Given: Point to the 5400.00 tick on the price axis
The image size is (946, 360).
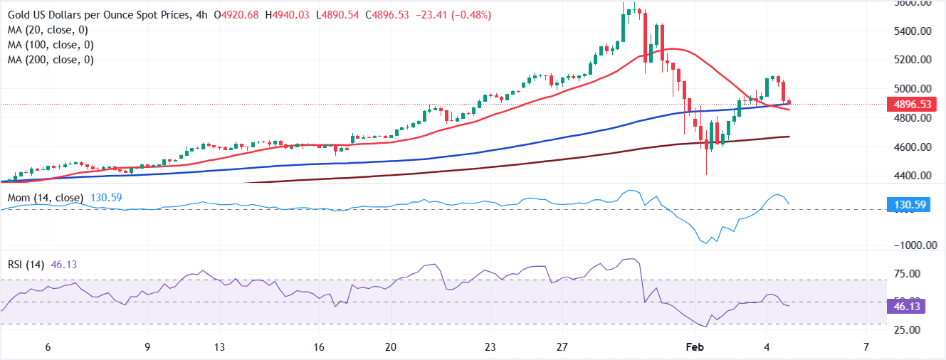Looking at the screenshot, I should (x=914, y=31).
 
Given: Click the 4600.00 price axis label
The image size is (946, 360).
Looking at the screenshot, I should (x=914, y=147).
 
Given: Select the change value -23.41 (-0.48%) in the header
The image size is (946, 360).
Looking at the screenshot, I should (x=451, y=15).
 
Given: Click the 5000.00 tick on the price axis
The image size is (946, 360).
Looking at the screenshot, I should (x=914, y=89).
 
